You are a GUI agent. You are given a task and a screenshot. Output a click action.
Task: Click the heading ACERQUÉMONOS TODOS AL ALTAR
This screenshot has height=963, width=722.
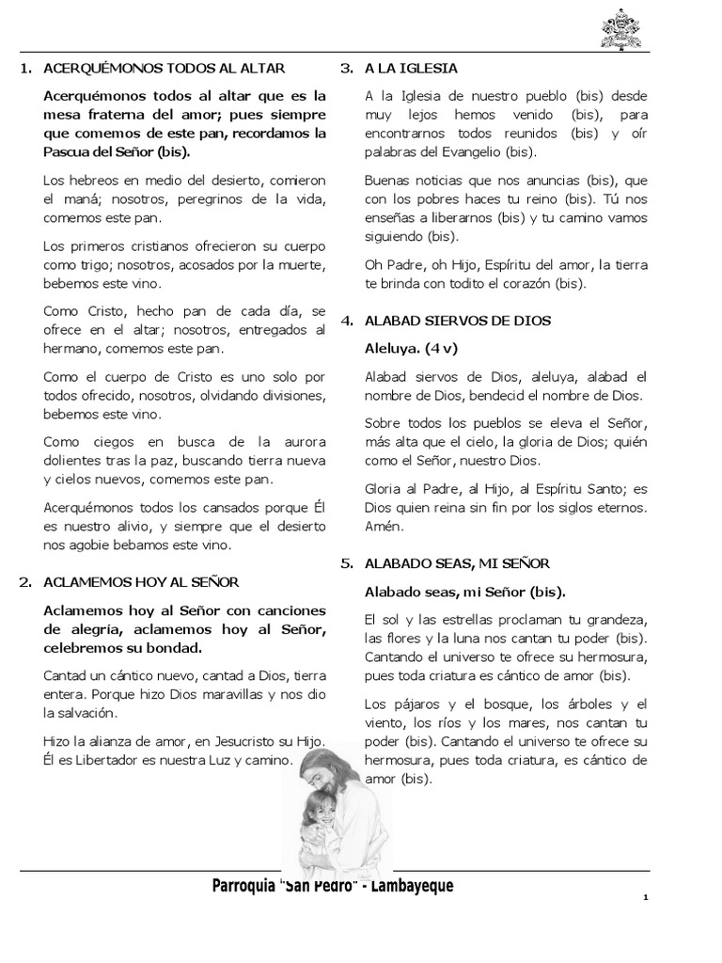coord(164,69)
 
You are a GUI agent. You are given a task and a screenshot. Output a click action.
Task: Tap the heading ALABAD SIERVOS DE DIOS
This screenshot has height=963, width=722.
coord(458,321)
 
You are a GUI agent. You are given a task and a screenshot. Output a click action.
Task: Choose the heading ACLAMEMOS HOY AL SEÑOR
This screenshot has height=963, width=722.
coord(141,582)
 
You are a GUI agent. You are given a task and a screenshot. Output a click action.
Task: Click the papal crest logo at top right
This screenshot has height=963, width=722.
coord(620,28)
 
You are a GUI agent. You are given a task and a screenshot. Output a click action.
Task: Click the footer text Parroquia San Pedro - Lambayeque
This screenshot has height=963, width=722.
coord(333,886)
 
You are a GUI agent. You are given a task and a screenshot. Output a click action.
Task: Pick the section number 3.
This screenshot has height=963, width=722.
coord(346,69)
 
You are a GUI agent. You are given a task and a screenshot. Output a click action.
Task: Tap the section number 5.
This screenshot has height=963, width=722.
coord(346,563)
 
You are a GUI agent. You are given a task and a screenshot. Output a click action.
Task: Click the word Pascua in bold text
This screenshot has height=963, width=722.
coord(66,151)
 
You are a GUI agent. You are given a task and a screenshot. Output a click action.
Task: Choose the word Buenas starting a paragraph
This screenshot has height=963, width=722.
coord(386,180)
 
